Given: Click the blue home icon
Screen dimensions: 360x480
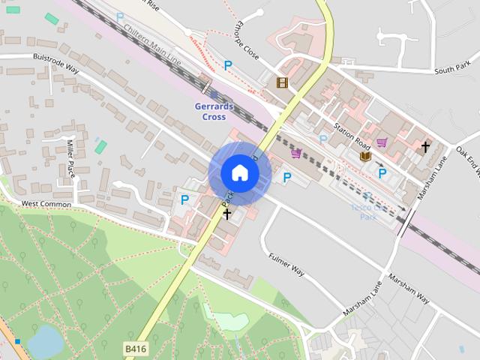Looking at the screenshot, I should (239, 172).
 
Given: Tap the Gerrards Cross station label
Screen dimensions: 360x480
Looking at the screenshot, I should (214, 111).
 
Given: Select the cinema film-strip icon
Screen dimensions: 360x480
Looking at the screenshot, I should (282, 82).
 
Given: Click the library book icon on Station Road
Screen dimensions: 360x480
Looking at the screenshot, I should (365, 156).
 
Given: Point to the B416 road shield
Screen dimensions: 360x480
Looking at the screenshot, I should (135, 349).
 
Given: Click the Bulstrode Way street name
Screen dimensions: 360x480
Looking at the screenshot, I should (55, 62).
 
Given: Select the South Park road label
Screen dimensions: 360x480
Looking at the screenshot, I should (451, 70).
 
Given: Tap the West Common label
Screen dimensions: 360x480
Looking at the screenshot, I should (46, 203).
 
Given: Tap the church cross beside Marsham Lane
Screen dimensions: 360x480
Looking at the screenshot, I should (425, 147).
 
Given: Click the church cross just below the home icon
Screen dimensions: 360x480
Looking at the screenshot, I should (227, 214).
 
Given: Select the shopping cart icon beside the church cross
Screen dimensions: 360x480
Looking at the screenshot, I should (382, 142).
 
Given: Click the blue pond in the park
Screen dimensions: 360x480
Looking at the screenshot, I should (46, 341).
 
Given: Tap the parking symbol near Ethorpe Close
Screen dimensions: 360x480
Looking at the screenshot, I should (228, 66).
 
